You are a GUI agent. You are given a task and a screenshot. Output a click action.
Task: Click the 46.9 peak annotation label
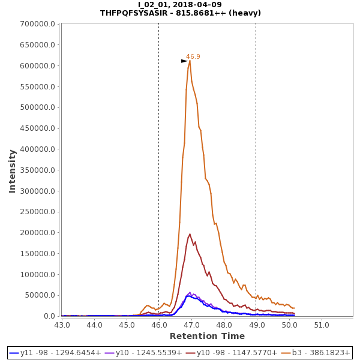coord(193,56)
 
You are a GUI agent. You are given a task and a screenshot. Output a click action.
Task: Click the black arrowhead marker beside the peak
coord(184,61)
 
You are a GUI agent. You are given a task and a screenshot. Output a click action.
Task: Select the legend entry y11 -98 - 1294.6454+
coord(55,353)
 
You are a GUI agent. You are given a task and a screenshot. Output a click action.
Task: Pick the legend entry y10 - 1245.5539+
coord(143,353)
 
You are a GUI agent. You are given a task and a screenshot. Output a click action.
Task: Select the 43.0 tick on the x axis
coord(62,325)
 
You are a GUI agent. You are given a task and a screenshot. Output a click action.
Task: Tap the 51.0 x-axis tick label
coord(322,325)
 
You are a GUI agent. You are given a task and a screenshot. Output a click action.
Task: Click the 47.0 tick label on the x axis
coord(191,325)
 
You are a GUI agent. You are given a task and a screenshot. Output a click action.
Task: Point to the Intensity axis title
coord(12,171)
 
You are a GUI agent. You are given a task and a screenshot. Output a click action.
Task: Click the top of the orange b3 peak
coord(190,61)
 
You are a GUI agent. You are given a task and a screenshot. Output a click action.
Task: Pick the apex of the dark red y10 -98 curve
coord(190,235)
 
